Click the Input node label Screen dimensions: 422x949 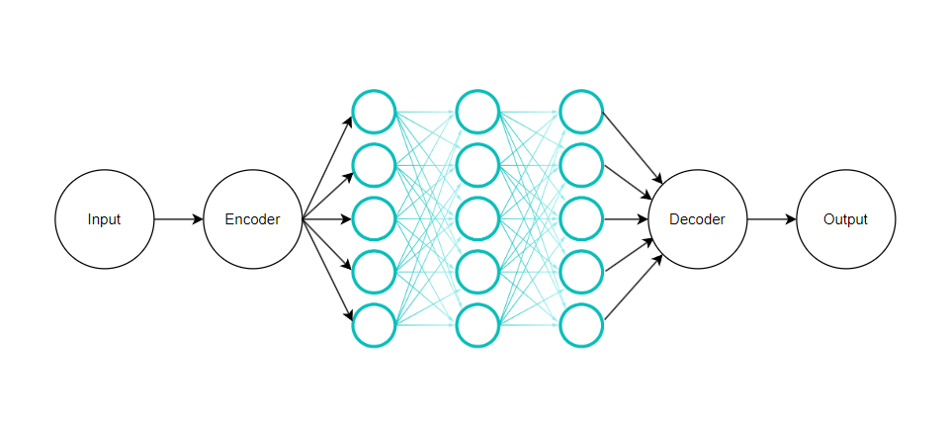[104, 219]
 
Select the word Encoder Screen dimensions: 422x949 [252, 219]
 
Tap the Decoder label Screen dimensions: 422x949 [697, 219]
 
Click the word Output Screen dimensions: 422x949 [845, 219]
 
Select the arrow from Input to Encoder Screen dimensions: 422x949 [178, 219]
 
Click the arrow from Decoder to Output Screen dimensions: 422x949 [771, 219]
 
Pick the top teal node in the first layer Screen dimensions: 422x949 [374, 113]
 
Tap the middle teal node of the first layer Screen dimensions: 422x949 [374, 219]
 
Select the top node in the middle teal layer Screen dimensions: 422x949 [477, 113]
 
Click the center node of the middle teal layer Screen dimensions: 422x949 [477, 219]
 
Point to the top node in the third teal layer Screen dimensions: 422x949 [581, 113]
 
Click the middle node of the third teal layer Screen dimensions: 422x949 [581, 219]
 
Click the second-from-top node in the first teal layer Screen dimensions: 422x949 [374, 166]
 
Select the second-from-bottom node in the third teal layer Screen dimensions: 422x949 [581, 273]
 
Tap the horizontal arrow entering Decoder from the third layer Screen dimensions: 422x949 [625, 219]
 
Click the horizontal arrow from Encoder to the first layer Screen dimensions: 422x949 [326, 219]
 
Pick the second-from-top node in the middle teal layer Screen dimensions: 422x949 [477, 166]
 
